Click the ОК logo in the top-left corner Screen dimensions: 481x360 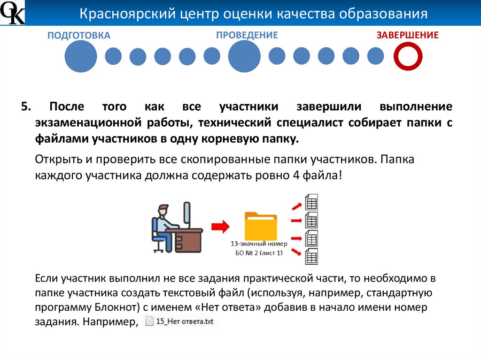[12, 13]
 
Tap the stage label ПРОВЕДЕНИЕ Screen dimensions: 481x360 [247, 35]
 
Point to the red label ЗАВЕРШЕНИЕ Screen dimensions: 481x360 [407, 35]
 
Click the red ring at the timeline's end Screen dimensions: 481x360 [408, 56]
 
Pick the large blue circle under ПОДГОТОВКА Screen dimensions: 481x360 [80, 56]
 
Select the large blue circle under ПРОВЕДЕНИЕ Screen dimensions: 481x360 [244, 56]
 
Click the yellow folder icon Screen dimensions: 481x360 [261, 226]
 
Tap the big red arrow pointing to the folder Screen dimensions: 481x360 [219, 227]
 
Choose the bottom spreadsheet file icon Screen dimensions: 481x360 [311, 255]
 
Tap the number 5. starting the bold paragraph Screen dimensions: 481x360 [26, 107]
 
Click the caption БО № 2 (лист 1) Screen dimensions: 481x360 [259, 253]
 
